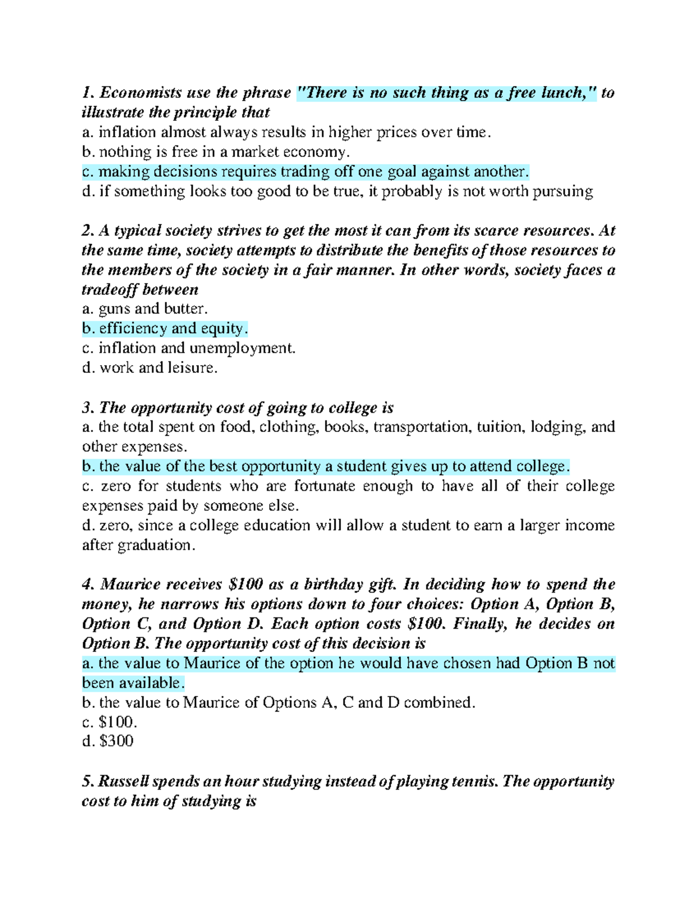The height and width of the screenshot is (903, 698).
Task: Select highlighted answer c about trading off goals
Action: click(x=306, y=172)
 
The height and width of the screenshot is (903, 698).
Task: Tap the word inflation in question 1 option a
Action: click(x=127, y=133)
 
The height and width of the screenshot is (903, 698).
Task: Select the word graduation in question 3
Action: click(x=154, y=545)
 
